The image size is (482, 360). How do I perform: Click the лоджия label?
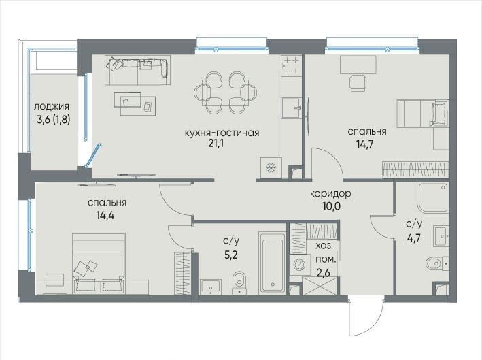point(52,107)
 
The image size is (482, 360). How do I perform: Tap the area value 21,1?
point(216,144)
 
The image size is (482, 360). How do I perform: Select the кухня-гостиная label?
point(222,133)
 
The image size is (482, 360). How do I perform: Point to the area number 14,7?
point(365,144)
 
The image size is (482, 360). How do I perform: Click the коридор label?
point(330,194)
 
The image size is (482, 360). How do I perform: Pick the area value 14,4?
point(105,215)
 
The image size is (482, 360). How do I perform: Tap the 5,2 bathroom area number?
point(231,255)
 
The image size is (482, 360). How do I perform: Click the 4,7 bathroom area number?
point(414,238)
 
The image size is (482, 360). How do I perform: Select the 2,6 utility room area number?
point(324,273)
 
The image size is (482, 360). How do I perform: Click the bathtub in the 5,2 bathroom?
point(272,263)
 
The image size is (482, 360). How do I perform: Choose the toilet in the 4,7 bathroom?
point(438,263)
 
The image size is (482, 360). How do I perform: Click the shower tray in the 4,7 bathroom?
point(433,197)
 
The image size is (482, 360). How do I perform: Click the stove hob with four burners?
point(291,65)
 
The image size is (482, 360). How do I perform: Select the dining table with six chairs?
point(226,93)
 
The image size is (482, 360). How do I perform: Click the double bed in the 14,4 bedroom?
point(99,263)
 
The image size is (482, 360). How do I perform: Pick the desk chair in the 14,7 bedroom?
point(358,84)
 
